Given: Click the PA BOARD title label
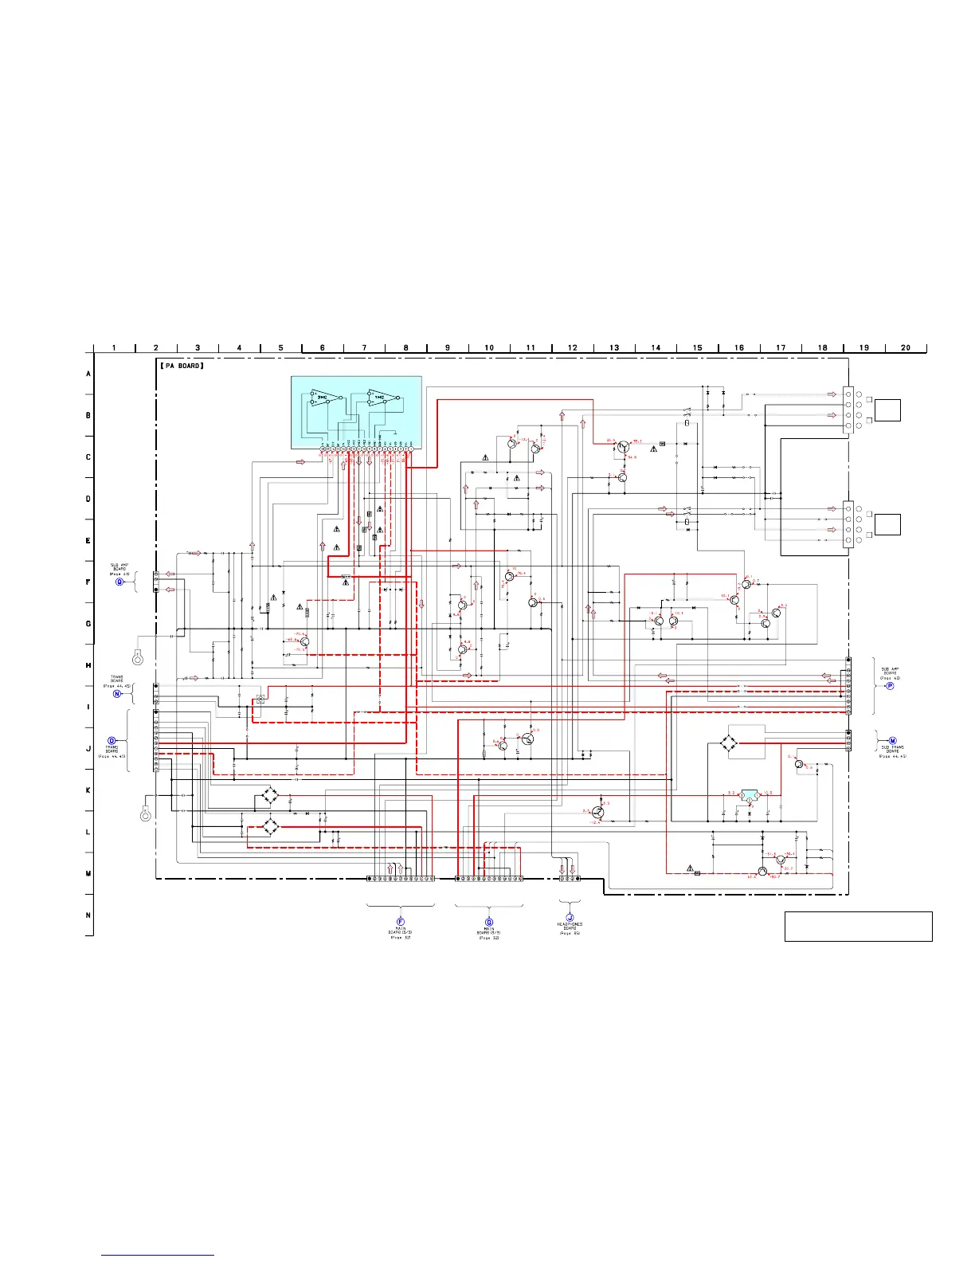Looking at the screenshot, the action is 182,366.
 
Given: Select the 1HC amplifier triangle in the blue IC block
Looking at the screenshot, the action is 380,396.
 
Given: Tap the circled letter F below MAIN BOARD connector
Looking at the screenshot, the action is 400,921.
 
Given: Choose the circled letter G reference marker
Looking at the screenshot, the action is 489,921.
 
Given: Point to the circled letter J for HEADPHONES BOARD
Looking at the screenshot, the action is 570,918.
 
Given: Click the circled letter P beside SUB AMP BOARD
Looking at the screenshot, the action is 890,685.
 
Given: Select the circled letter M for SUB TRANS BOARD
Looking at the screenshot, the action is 892,740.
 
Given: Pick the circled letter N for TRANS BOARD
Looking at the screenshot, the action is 117,693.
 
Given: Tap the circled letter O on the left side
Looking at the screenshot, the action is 112,740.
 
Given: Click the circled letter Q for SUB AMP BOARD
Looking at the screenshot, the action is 119,582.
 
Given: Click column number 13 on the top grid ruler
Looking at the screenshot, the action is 614,347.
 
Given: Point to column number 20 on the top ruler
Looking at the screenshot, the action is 906,347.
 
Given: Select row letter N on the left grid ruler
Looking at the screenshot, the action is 88,915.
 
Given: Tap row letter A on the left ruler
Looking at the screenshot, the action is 88,374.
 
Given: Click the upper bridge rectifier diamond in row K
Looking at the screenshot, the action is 271,795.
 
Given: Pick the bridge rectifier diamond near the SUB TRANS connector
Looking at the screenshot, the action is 728,743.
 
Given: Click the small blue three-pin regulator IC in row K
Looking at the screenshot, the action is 749,794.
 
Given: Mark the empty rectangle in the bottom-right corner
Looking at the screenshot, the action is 858,927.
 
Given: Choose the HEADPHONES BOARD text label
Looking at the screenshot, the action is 570,927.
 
